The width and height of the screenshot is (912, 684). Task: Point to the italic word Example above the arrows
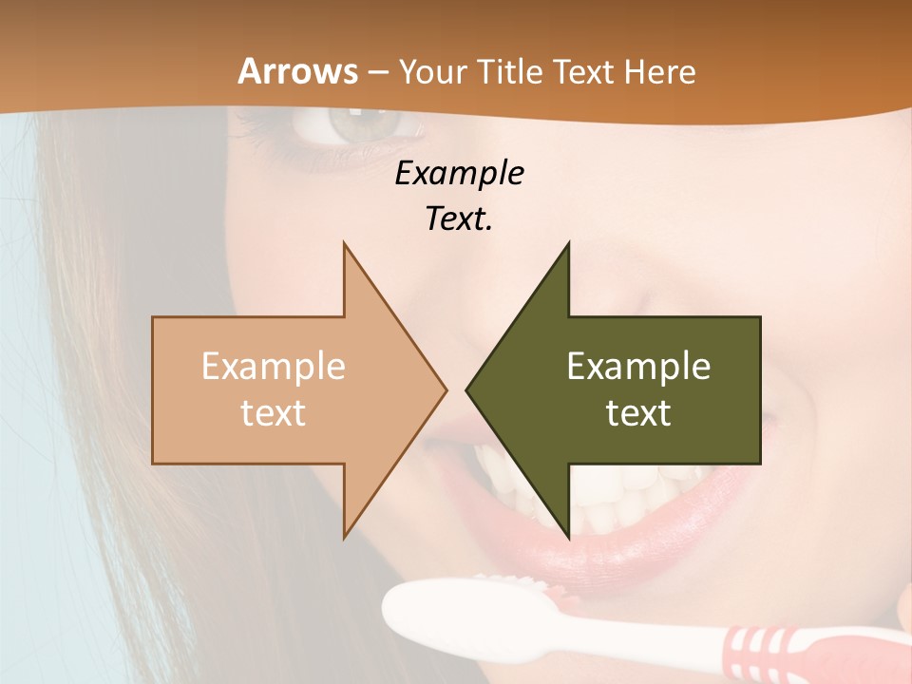pyautogui.click(x=460, y=173)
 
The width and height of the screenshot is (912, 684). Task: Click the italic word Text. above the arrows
pyautogui.click(x=460, y=219)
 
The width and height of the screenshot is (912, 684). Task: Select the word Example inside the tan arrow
pyautogui.click(x=274, y=367)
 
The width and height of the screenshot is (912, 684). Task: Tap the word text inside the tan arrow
pyautogui.click(x=274, y=413)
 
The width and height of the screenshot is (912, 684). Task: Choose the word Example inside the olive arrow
pyautogui.click(x=638, y=367)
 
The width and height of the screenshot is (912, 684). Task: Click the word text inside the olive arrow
pyautogui.click(x=638, y=413)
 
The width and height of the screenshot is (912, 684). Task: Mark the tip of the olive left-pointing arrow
pyautogui.click(x=467, y=389)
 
